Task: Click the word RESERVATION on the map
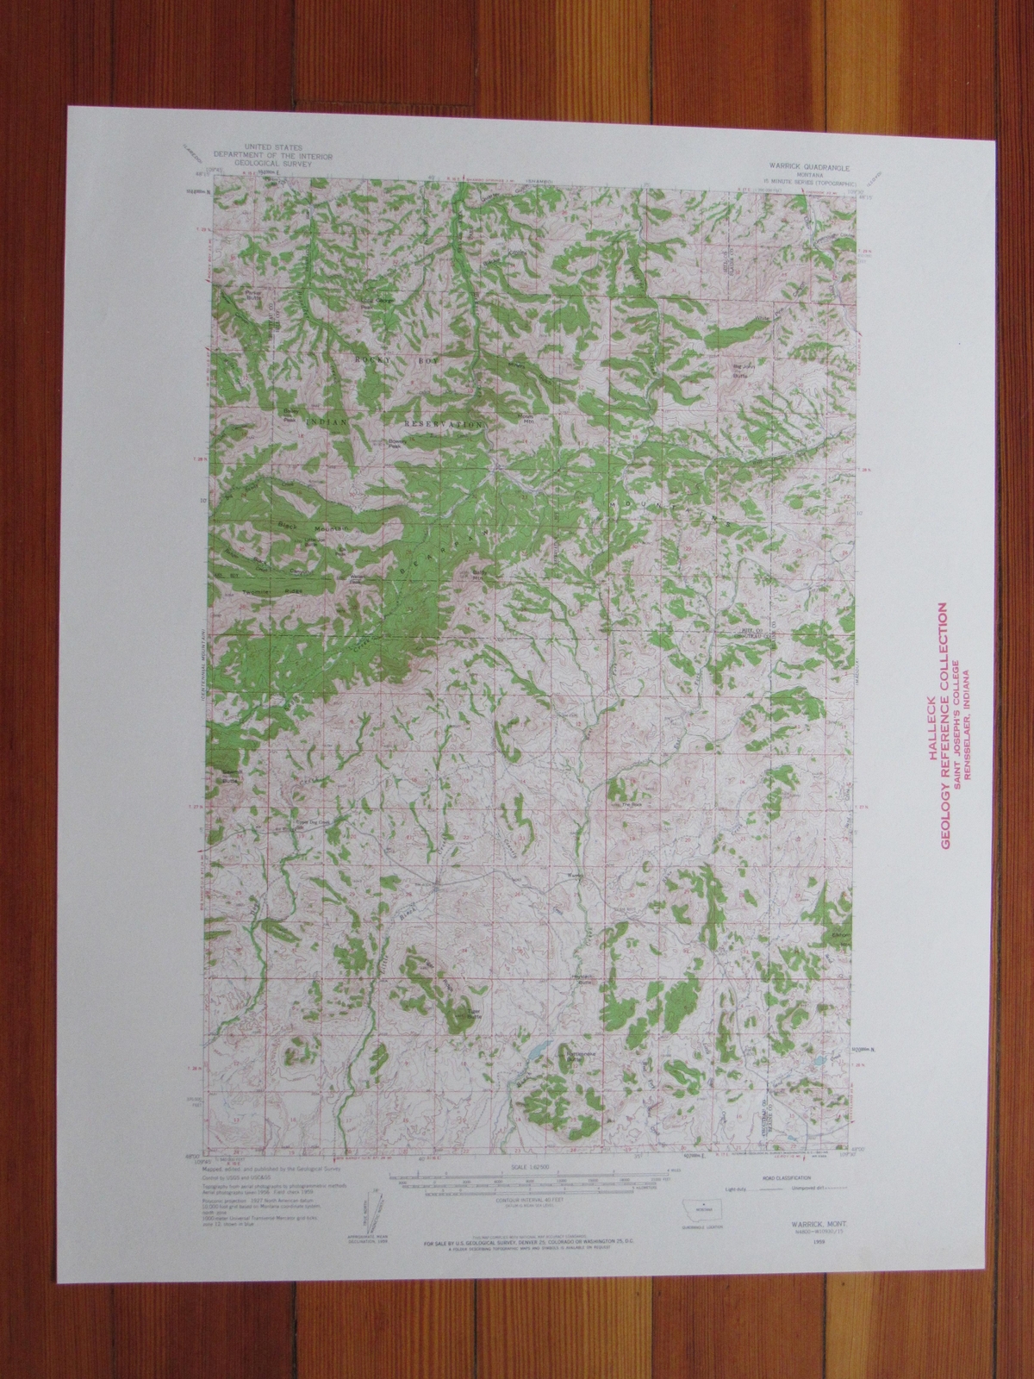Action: (445, 425)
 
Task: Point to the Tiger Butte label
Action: (471, 1014)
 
